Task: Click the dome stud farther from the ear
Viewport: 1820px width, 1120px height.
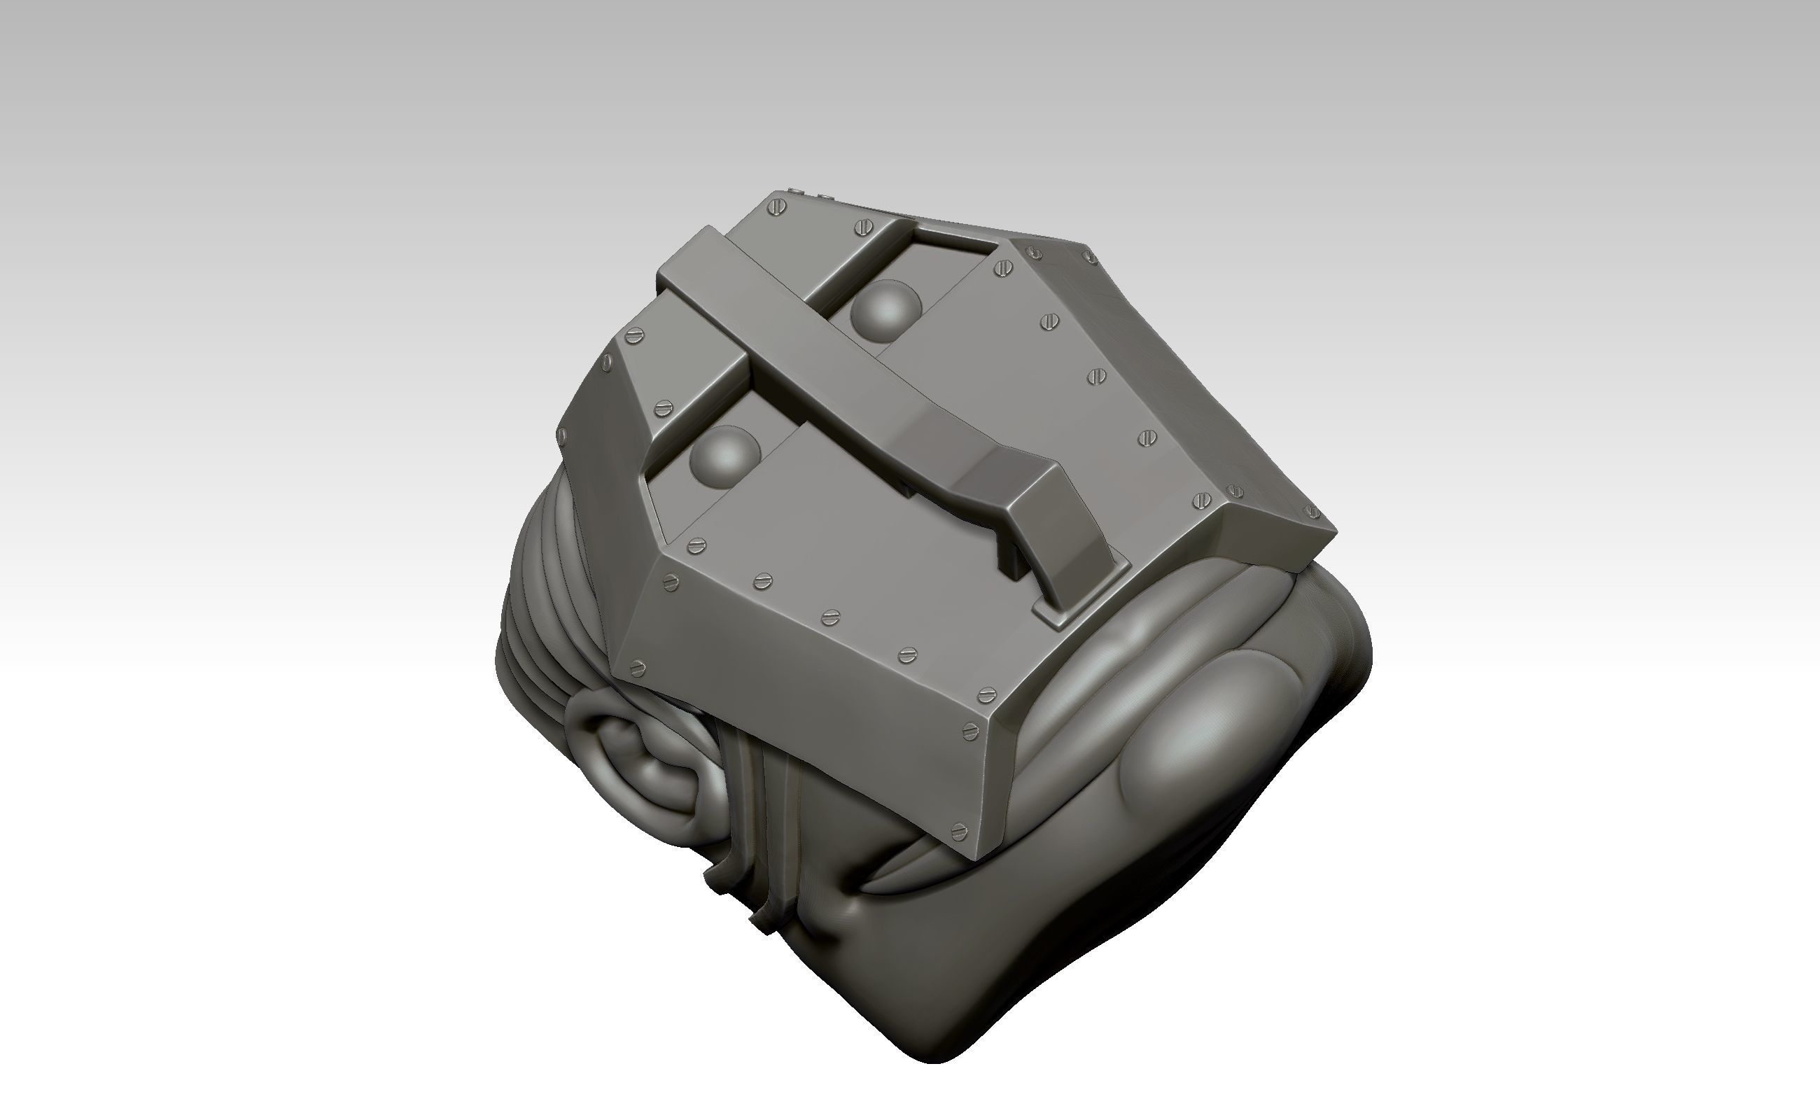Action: [x=885, y=311]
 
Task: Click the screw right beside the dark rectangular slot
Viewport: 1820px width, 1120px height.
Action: [x=1003, y=268]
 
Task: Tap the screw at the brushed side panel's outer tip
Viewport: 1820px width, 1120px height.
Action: [x=1312, y=512]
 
